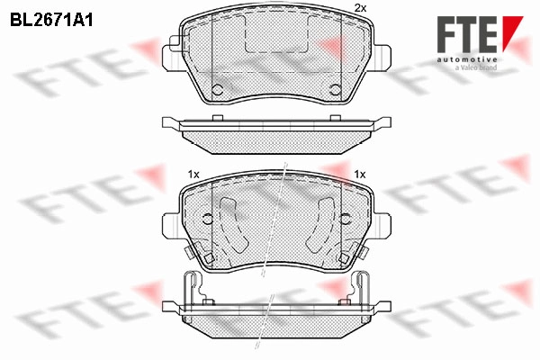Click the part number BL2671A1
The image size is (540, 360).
[x=51, y=20]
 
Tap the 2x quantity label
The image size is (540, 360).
[x=360, y=9]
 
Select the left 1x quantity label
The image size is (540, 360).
[x=193, y=175]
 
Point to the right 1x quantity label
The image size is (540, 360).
[x=360, y=175]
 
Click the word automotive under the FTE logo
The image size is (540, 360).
[x=467, y=59]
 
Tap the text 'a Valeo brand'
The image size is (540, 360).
[x=476, y=67]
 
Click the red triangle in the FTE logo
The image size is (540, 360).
[x=511, y=31]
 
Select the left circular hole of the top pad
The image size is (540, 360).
[x=217, y=90]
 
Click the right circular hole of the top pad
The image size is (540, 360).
[x=335, y=90]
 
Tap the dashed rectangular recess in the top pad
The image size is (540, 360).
[x=276, y=34]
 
